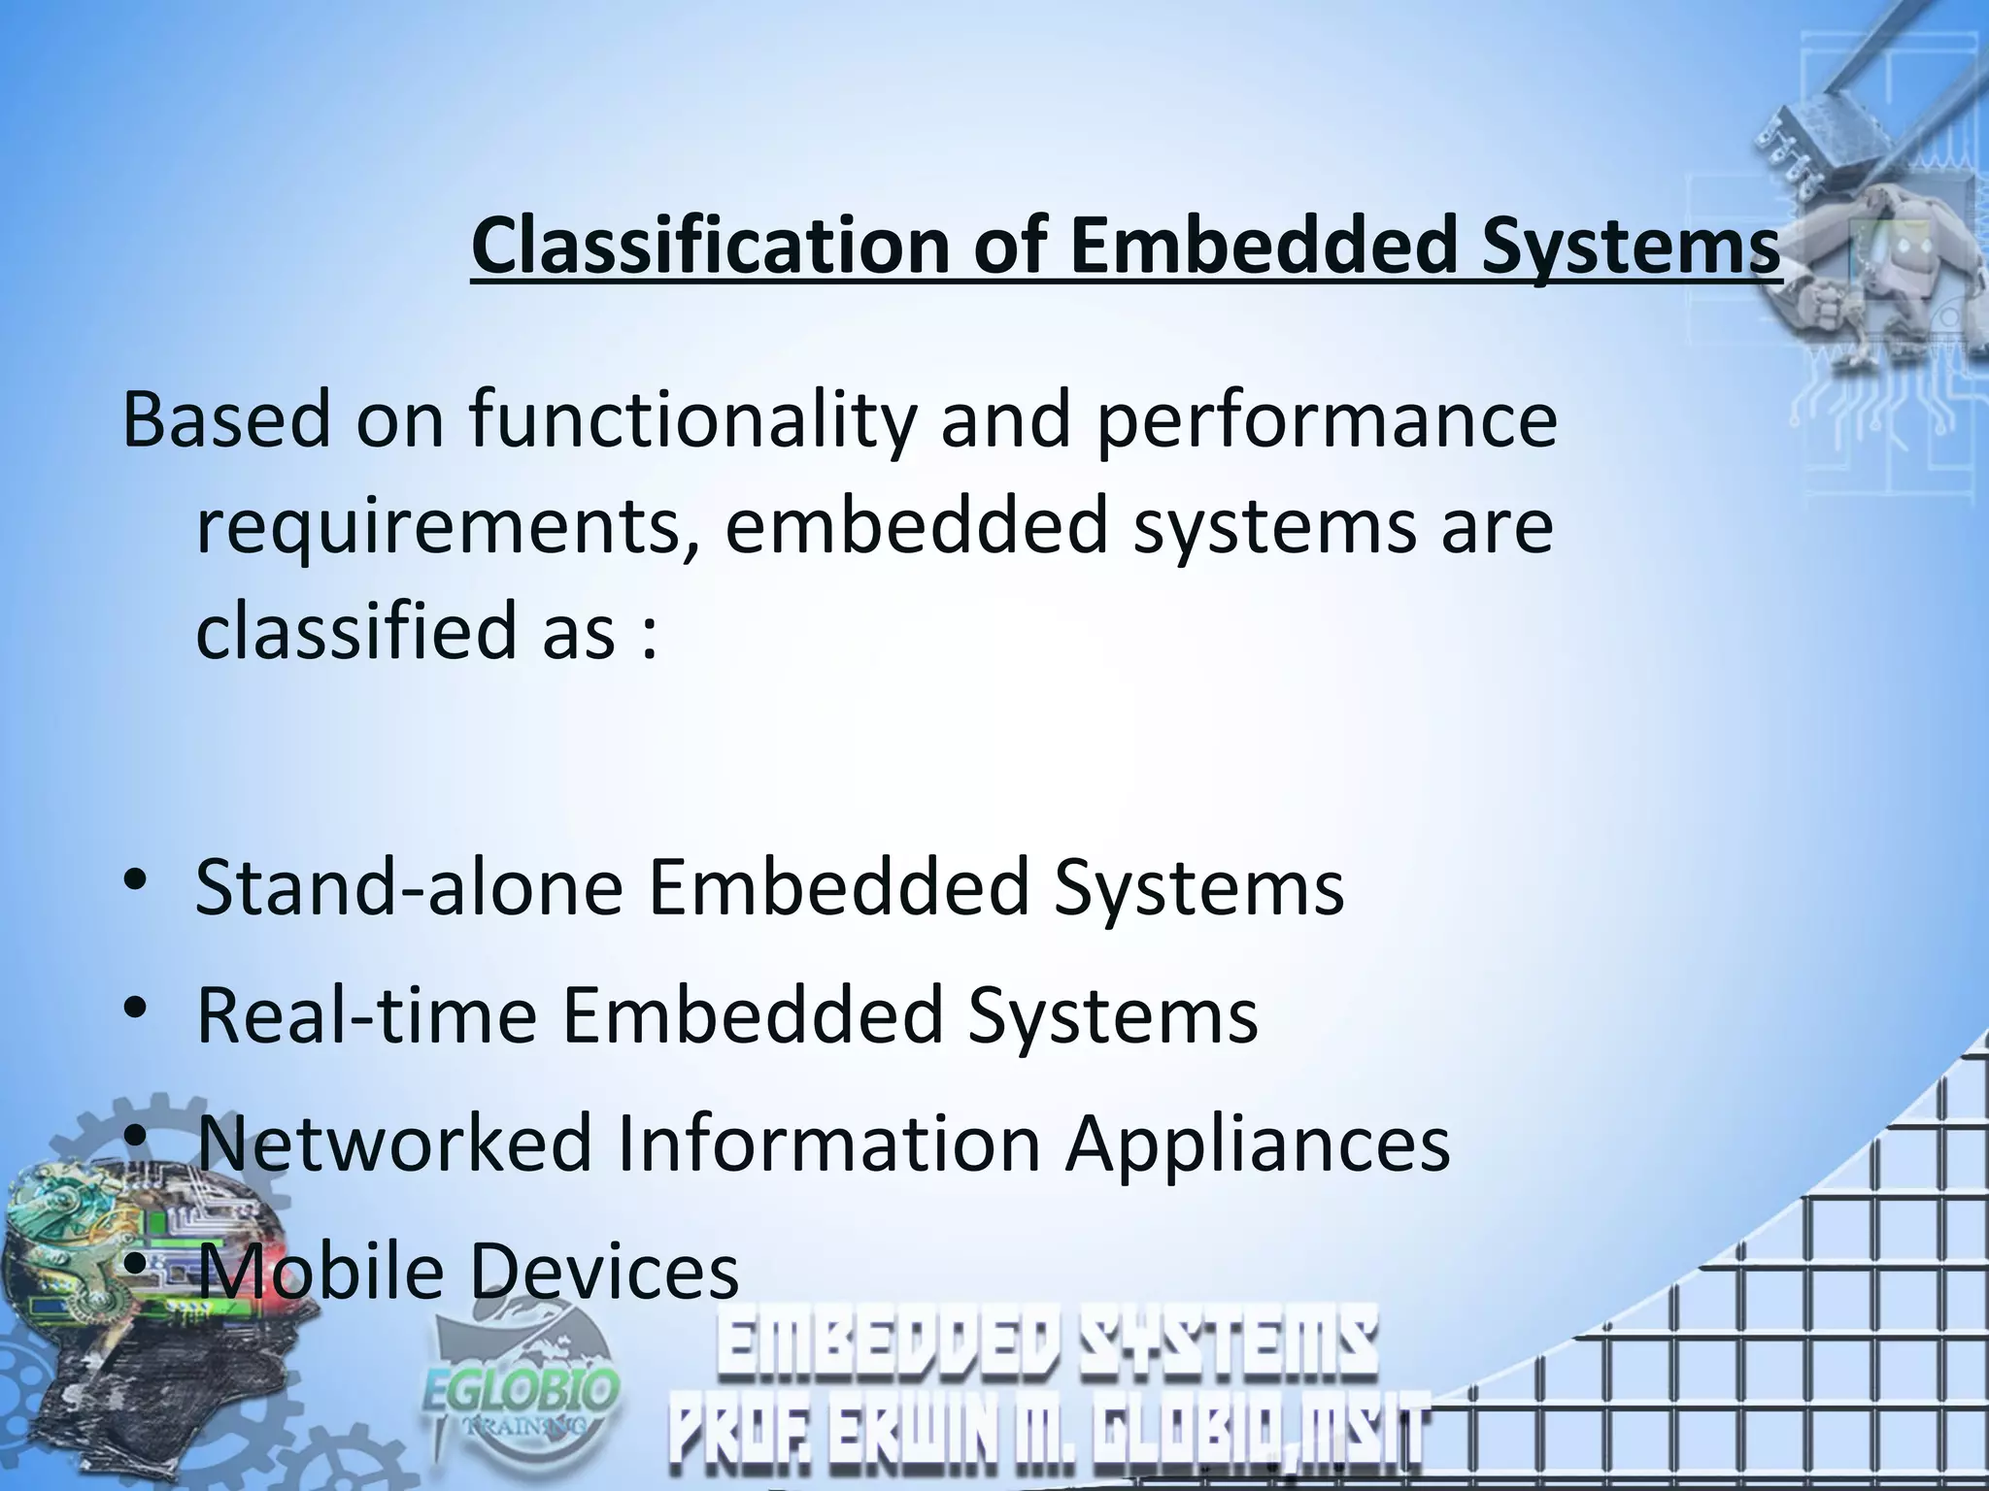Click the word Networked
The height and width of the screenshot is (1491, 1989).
click(394, 1143)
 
